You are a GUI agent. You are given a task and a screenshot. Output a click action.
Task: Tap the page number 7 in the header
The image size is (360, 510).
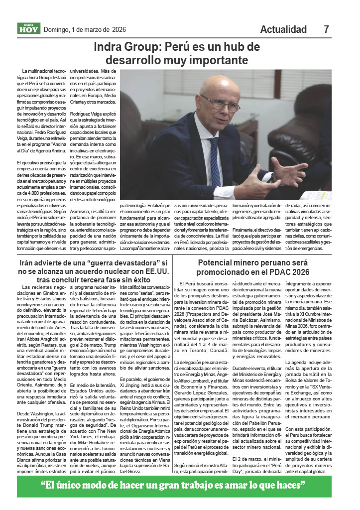[327, 29]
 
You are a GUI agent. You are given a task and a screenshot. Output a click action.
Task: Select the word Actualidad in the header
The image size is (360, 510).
[283, 29]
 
